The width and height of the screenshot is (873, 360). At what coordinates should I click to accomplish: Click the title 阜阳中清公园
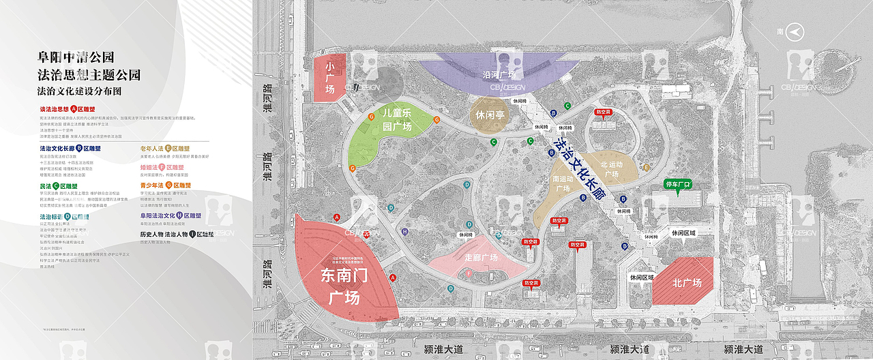coord(76,57)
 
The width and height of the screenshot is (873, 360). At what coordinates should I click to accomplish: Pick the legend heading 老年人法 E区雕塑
coord(164,148)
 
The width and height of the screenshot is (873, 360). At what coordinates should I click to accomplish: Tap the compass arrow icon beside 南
coord(795,31)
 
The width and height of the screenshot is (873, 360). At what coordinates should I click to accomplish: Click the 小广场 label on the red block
coord(330,78)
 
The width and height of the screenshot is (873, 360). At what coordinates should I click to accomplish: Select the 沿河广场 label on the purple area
coord(499,74)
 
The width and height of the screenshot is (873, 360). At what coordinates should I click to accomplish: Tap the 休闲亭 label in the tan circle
coord(490,115)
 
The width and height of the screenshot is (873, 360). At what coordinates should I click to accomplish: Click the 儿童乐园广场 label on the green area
coord(396,119)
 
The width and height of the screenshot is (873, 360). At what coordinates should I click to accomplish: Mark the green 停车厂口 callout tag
coord(677,185)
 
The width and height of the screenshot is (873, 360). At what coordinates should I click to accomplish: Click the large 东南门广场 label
coord(344,286)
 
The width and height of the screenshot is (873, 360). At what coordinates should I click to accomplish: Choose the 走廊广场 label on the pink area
coord(482,258)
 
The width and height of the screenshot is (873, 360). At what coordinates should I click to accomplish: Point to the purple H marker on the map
coord(405,232)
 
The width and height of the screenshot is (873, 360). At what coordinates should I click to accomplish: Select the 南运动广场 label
coord(563,183)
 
